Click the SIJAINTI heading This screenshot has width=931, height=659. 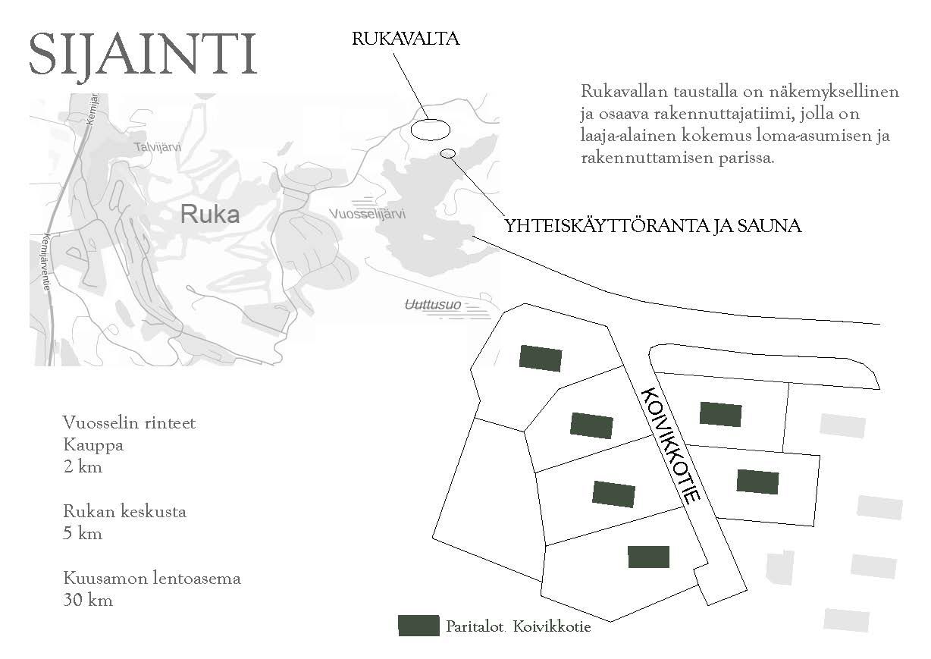(143, 54)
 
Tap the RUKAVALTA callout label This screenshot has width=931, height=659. (406, 39)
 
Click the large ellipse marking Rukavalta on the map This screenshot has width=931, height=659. (429, 129)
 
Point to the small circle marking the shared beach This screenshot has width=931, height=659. (448, 154)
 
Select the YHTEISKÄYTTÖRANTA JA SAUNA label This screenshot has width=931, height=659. (653, 226)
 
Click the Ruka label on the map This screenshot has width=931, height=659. (210, 215)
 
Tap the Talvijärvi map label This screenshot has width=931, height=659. (158, 147)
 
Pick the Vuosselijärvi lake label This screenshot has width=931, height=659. (368, 215)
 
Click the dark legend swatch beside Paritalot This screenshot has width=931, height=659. (418, 626)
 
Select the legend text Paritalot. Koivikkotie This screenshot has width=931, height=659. (519, 627)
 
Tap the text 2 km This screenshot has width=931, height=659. (83, 466)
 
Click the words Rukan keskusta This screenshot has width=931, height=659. (125, 511)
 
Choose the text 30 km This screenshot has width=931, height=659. (89, 600)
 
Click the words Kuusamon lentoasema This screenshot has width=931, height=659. (152, 578)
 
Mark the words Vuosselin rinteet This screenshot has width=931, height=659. (130, 422)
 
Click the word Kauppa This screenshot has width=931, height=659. (94, 444)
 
